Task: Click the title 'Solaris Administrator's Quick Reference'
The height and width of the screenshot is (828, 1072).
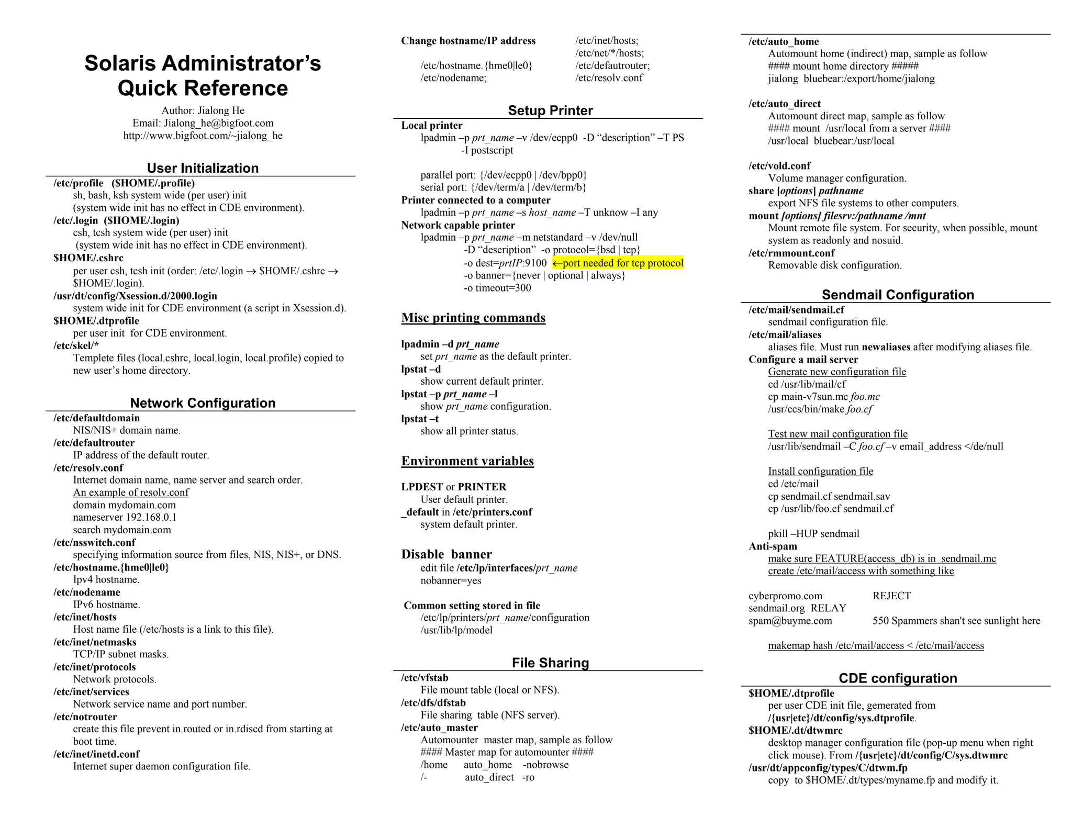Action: click(203, 75)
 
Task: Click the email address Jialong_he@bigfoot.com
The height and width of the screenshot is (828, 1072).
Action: click(218, 123)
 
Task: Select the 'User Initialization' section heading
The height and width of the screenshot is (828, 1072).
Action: click(203, 168)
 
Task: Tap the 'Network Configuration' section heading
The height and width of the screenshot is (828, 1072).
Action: click(203, 403)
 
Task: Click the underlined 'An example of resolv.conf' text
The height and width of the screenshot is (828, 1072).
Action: click(131, 493)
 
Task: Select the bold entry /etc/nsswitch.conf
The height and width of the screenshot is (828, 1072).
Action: click(94, 542)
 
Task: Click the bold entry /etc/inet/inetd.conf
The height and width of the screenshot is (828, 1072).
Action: click(96, 754)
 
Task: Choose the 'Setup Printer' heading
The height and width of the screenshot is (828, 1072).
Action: click(550, 110)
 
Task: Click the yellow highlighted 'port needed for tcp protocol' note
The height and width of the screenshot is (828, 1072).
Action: click(618, 263)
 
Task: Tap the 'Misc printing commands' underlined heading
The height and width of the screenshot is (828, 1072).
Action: click(473, 318)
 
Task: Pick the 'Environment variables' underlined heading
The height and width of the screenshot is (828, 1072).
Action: click(467, 461)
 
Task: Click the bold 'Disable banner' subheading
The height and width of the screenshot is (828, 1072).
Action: click(446, 554)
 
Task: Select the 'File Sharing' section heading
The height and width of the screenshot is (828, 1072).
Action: click(550, 663)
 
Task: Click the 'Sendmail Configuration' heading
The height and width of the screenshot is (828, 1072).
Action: click(898, 295)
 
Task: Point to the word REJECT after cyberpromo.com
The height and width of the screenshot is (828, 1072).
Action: click(891, 596)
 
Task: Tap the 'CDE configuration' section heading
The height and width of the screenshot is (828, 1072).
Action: click(898, 678)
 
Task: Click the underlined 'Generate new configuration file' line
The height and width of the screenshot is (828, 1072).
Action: click(837, 372)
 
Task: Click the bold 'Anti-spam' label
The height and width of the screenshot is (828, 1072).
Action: click(773, 546)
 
